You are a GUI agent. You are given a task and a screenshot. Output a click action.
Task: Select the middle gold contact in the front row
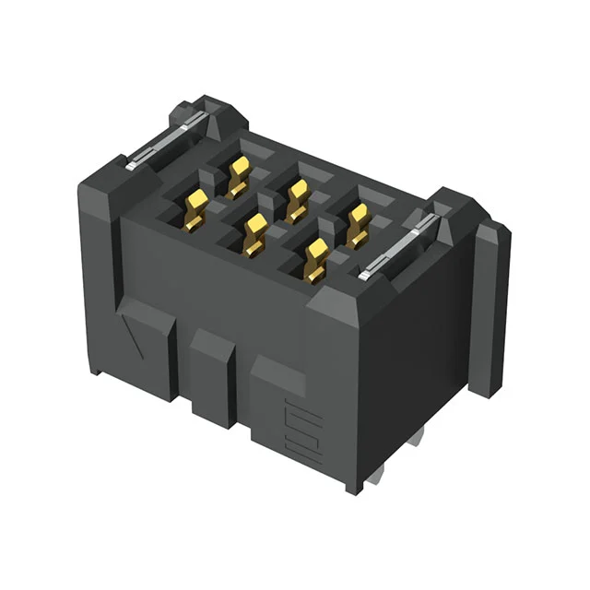point(254,232)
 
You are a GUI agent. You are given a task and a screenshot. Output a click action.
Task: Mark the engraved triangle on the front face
point(138,337)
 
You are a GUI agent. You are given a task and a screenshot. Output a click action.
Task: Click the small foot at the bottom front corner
point(355,483)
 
